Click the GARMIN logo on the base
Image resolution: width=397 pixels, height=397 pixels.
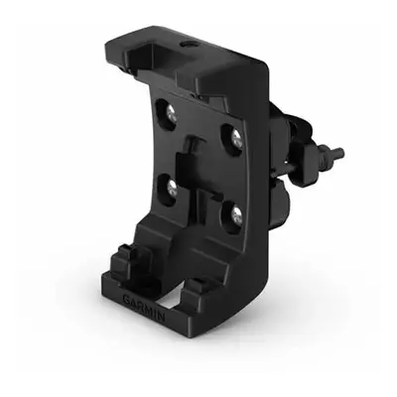click(144, 307)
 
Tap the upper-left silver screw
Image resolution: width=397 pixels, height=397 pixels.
click(171, 114)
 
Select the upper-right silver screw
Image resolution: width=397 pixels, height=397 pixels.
click(237, 137)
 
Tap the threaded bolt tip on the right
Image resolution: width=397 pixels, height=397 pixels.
click(339, 153)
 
